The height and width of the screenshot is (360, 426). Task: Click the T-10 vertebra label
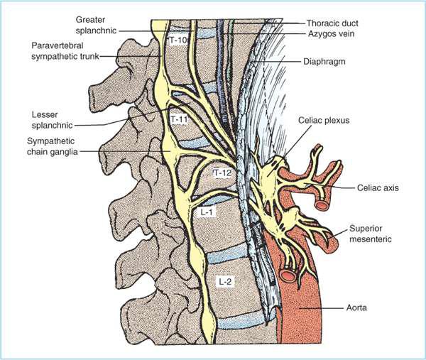(x=177, y=41)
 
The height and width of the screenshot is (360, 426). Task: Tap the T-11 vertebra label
(x=179, y=119)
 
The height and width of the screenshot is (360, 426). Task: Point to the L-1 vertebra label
(x=202, y=212)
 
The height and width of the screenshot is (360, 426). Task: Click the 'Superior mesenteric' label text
(x=370, y=234)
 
